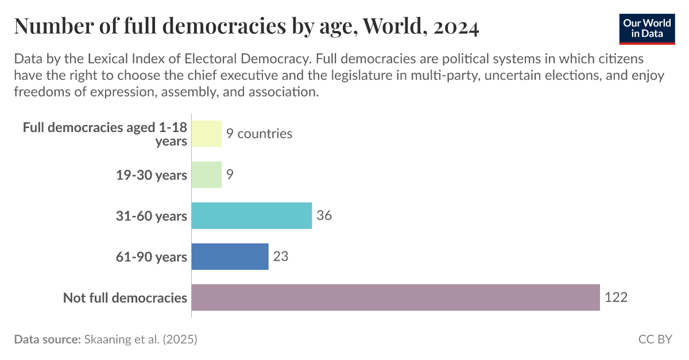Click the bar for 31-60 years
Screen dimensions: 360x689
[x=251, y=216]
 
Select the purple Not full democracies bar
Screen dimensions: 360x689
[x=395, y=297]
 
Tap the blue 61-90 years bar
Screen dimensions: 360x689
[x=230, y=257]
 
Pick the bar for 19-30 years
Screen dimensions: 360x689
[x=206, y=175]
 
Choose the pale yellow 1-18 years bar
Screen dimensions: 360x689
[x=206, y=134]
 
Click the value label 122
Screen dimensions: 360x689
[x=616, y=297]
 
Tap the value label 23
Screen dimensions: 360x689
[x=280, y=257]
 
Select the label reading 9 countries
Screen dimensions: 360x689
[x=259, y=134]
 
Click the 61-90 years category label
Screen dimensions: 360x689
[x=152, y=257]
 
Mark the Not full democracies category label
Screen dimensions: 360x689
[x=125, y=297]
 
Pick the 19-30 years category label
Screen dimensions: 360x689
[x=152, y=175]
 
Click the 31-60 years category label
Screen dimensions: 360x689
[x=152, y=216]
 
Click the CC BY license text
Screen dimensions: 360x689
[x=655, y=339]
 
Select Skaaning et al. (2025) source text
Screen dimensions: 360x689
[x=141, y=339]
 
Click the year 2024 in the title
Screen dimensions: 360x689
[x=456, y=26]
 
